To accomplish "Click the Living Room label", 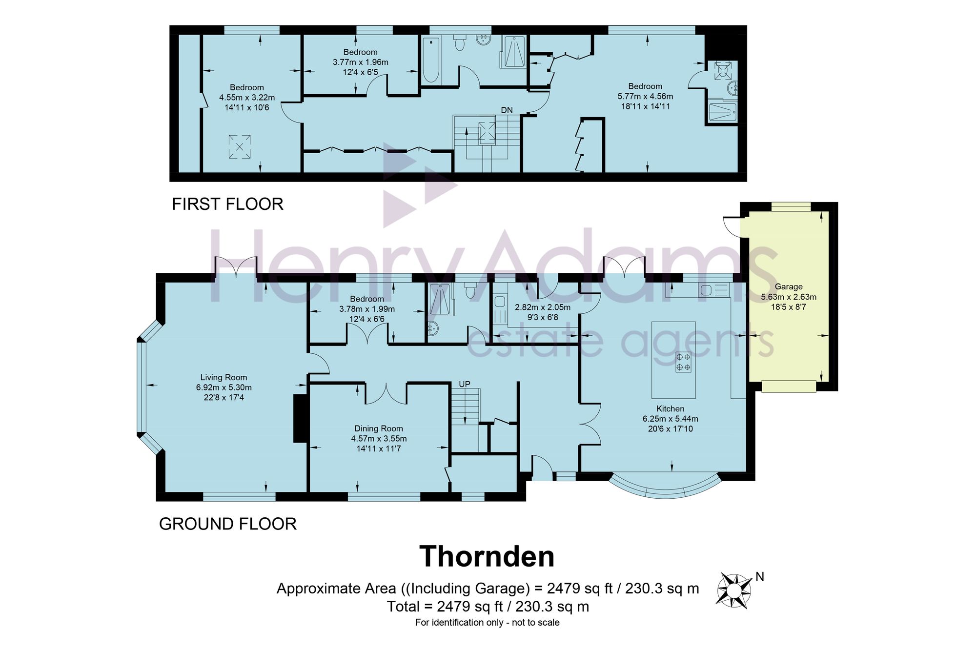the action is (224, 377).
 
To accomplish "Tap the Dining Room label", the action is (379, 428).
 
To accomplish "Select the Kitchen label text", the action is (670, 408).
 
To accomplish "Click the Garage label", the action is (789, 286).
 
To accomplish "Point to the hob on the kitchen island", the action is (683, 362).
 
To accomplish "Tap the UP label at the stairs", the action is (465, 384).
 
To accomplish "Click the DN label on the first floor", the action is (507, 110).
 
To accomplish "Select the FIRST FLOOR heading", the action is (227, 204).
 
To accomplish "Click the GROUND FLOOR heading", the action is (228, 524).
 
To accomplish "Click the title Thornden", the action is (487, 556).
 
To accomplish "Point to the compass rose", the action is (733, 590).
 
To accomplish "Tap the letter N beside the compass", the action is (759, 577).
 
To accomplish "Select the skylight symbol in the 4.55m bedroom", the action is (240, 146).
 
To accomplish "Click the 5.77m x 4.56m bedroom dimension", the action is (645, 96).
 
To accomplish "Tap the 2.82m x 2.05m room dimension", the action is (543, 307).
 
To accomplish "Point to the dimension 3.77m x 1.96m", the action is (361, 62).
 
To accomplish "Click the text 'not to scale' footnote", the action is (535, 622).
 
